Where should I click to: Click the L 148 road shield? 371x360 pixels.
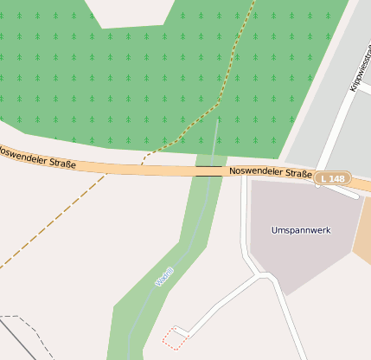(x=332, y=178)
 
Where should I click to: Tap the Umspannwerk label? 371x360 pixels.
(x=301, y=230)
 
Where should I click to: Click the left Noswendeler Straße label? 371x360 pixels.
(x=36, y=157)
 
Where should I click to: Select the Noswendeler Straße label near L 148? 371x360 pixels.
(x=271, y=173)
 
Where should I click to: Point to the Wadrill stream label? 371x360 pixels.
(x=164, y=276)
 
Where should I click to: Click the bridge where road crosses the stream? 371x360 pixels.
(x=208, y=170)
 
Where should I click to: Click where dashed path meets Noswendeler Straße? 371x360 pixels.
(x=143, y=164)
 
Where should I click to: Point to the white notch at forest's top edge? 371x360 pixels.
(x=130, y=13)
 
